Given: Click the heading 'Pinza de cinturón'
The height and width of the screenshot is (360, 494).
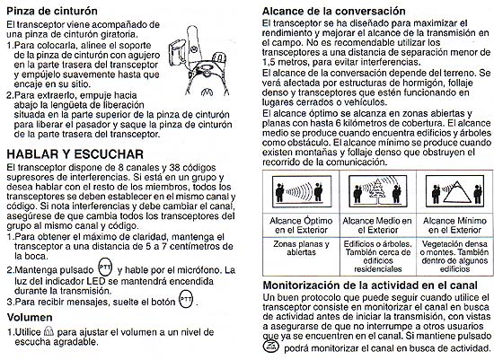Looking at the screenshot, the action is click(x=52, y=12).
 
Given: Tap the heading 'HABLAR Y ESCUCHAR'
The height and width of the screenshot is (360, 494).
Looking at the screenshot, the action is click(x=75, y=154).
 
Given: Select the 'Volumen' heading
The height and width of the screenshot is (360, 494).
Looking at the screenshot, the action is click(x=30, y=317).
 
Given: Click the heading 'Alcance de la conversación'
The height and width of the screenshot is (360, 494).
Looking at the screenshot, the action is click(x=334, y=12).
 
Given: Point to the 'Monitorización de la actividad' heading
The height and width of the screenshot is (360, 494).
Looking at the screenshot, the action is click(x=370, y=285).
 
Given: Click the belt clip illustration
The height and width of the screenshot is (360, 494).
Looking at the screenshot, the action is click(x=198, y=61).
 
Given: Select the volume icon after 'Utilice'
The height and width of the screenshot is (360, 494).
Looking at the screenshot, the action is click(x=49, y=331).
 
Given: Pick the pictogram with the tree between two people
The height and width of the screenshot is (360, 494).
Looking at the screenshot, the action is click(x=378, y=191).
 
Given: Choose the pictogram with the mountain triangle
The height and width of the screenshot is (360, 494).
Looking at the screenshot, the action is click(x=455, y=191).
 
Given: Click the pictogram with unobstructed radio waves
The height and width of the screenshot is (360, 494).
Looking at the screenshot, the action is click(x=302, y=191).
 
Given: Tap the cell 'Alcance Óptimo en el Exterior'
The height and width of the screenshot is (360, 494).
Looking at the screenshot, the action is click(x=301, y=225).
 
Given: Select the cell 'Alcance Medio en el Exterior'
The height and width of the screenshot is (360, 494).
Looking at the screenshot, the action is click(x=377, y=225).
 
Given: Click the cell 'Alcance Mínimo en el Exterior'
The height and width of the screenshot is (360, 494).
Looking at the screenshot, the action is click(x=454, y=225).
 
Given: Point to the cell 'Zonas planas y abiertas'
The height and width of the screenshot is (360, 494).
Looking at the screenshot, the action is click(x=301, y=248).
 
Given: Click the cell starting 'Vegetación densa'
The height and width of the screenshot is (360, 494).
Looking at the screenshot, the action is click(x=454, y=257).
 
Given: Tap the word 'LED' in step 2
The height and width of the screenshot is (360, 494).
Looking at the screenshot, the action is click(x=95, y=281).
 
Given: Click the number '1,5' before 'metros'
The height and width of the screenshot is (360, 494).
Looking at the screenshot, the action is click(x=268, y=62).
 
